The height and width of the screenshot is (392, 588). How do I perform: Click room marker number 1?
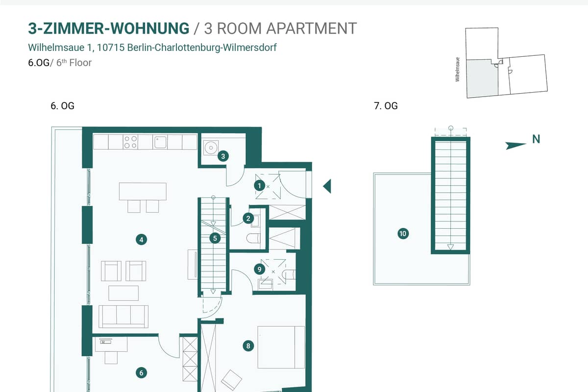click(259, 186)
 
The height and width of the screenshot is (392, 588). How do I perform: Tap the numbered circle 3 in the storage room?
click(223, 156)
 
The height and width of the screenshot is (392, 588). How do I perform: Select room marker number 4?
click(141, 240)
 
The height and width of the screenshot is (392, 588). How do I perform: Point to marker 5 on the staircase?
click(215, 238)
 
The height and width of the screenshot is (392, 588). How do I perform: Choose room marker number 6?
click(141, 372)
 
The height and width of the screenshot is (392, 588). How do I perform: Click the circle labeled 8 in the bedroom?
click(248, 346)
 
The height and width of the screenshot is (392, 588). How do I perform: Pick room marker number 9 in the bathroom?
click(259, 269)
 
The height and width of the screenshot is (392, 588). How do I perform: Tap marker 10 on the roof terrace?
click(403, 233)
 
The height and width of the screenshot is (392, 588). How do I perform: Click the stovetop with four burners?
click(130, 142)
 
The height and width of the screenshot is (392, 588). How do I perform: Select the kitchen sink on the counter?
click(160, 142)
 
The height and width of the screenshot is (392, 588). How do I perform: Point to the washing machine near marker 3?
click(211, 148)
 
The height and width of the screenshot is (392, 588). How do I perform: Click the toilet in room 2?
click(253, 239)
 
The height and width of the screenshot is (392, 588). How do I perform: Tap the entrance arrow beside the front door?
click(327, 186)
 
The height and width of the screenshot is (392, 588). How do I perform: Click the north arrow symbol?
click(516, 145)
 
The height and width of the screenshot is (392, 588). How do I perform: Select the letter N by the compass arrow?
click(536, 139)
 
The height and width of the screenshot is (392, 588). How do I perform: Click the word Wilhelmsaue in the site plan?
click(457, 70)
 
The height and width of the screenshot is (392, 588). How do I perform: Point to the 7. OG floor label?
click(386, 106)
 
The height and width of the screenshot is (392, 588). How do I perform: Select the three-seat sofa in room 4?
click(123, 317)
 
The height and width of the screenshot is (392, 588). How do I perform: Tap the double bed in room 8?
click(281, 347)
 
